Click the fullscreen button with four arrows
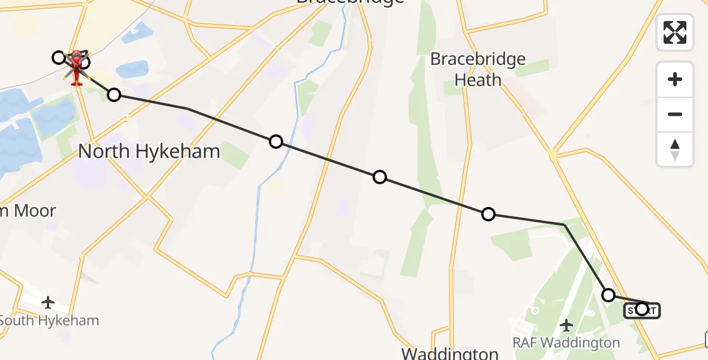coord(675,32)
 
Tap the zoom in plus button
coord(675,79)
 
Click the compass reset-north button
coord(675,149)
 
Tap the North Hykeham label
coord(149,152)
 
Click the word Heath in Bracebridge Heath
coord(478,80)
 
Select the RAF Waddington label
coord(566,343)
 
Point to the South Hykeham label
coord(49,320)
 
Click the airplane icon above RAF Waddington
coord(566,325)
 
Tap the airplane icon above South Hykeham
coord(48,302)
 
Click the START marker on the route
coord(642,310)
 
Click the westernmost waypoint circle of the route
coord(58,58)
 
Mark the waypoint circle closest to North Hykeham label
coord(113,94)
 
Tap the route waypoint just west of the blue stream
coord(275,142)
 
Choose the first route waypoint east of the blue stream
coord(379,177)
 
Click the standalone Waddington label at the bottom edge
coord(450,353)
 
